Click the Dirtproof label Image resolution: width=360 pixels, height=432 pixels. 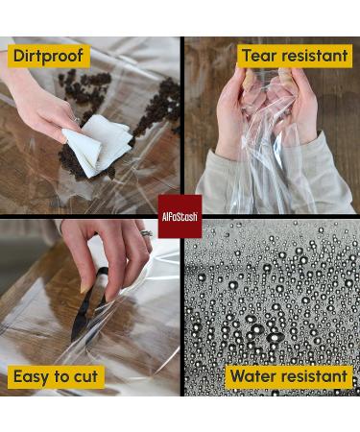(49, 56)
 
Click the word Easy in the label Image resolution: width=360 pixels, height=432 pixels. (32, 376)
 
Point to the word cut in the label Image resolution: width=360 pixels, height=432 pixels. (85, 376)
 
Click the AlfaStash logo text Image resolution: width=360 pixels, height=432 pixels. (180, 217)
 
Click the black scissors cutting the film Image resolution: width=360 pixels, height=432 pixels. (88, 305)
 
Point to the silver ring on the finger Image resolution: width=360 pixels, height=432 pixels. (146, 233)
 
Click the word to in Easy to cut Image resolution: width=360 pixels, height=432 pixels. (62, 376)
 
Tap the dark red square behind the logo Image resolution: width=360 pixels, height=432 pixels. (180, 216)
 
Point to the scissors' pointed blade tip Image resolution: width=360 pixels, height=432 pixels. (73, 340)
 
